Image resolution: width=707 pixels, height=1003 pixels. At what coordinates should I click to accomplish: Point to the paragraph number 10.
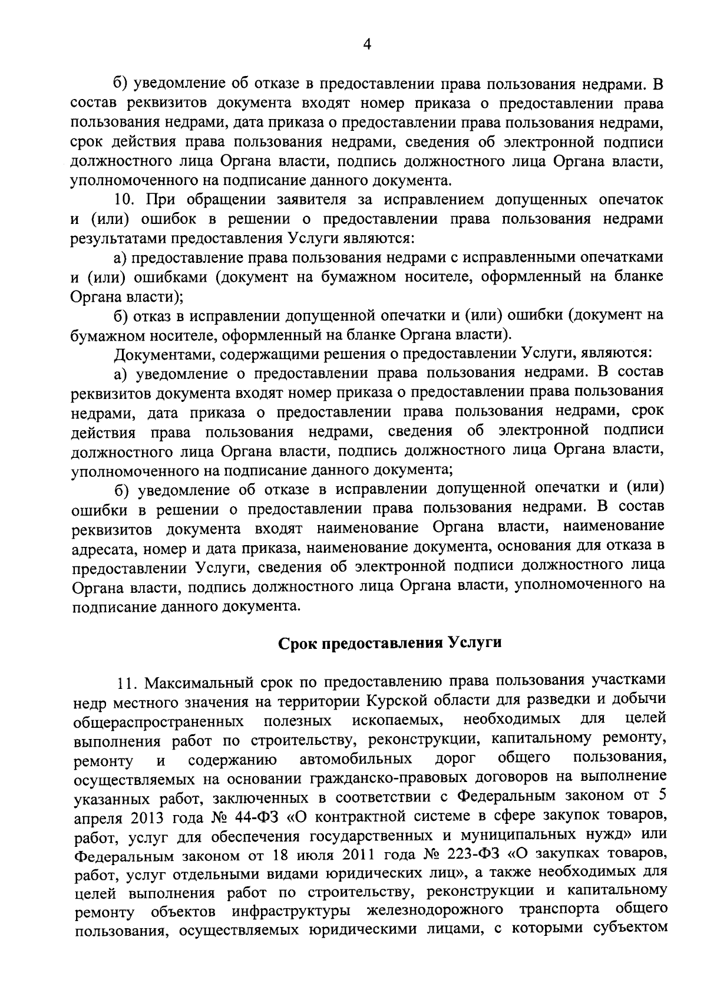pyautogui.click(x=125, y=200)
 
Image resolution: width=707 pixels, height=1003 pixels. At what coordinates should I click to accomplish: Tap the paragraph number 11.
pyautogui.click(x=127, y=683)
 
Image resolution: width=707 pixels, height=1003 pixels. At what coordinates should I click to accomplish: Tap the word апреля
pyautogui.click(x=95, y=819)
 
